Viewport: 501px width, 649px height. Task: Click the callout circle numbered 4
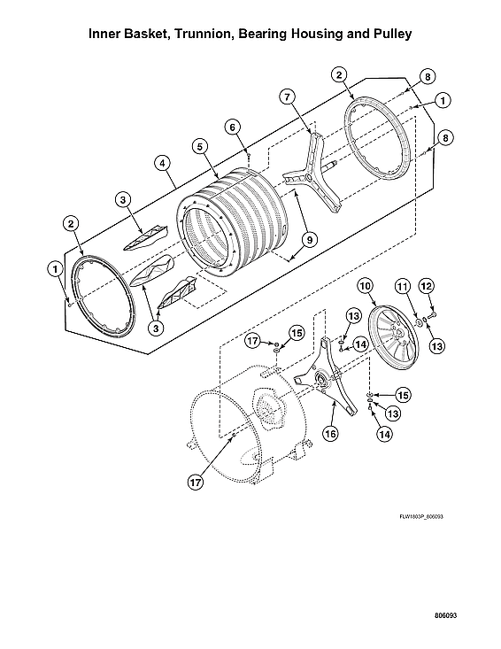pos(162,163)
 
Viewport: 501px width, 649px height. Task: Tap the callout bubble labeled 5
pos(201,145)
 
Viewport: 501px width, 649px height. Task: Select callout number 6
pos(233,127)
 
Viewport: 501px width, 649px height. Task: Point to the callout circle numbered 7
pos(286,96)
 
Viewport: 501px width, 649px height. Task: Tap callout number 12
pos(426,286)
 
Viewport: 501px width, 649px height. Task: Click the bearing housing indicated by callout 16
pos(319,381)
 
